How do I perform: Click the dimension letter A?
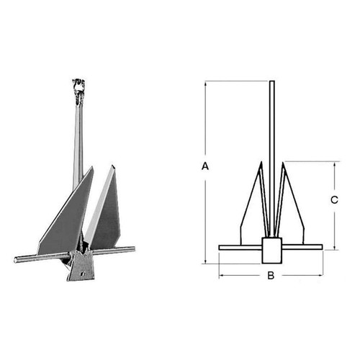205,166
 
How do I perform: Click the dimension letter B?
271,275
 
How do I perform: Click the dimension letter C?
334,199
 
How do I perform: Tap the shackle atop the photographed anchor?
78,91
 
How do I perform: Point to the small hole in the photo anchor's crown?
83,273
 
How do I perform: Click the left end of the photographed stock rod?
15,260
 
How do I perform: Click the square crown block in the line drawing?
271,251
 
